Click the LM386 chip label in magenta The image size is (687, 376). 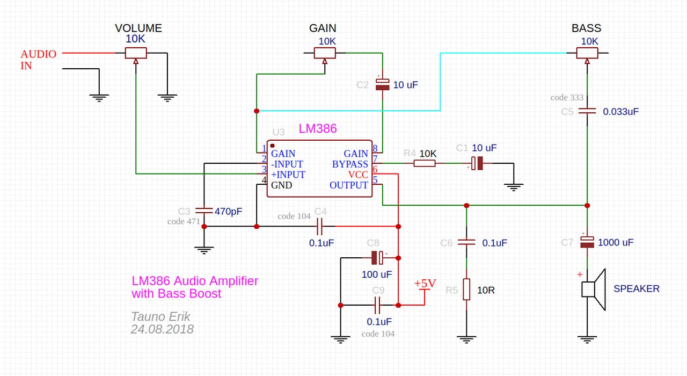click(x=318, y=128)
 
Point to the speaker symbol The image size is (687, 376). click(x=594, y=290)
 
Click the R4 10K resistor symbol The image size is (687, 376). click(x=425, y=163)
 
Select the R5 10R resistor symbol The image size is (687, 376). click(x=466, y=289)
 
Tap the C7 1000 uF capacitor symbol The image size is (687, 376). click(x=587, y=242)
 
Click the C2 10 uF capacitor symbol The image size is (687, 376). click(x=383, y=84)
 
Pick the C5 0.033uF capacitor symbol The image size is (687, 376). click(x=587, y=111)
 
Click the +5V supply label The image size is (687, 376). click(x=425, y=283)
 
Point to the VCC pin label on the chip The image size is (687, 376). click(x=358, y=175)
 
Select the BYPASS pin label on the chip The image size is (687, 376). click(x=350, y=164)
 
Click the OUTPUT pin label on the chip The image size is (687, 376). click(x=349, y=185)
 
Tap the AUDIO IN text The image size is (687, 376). click(x=38, y=60)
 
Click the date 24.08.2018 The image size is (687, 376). click(x=162, y=329)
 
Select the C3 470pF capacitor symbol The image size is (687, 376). click(x=204, y=211)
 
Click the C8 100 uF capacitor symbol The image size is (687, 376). click(x=377, y=258)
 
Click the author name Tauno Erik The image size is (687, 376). click(x=160, y=316)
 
